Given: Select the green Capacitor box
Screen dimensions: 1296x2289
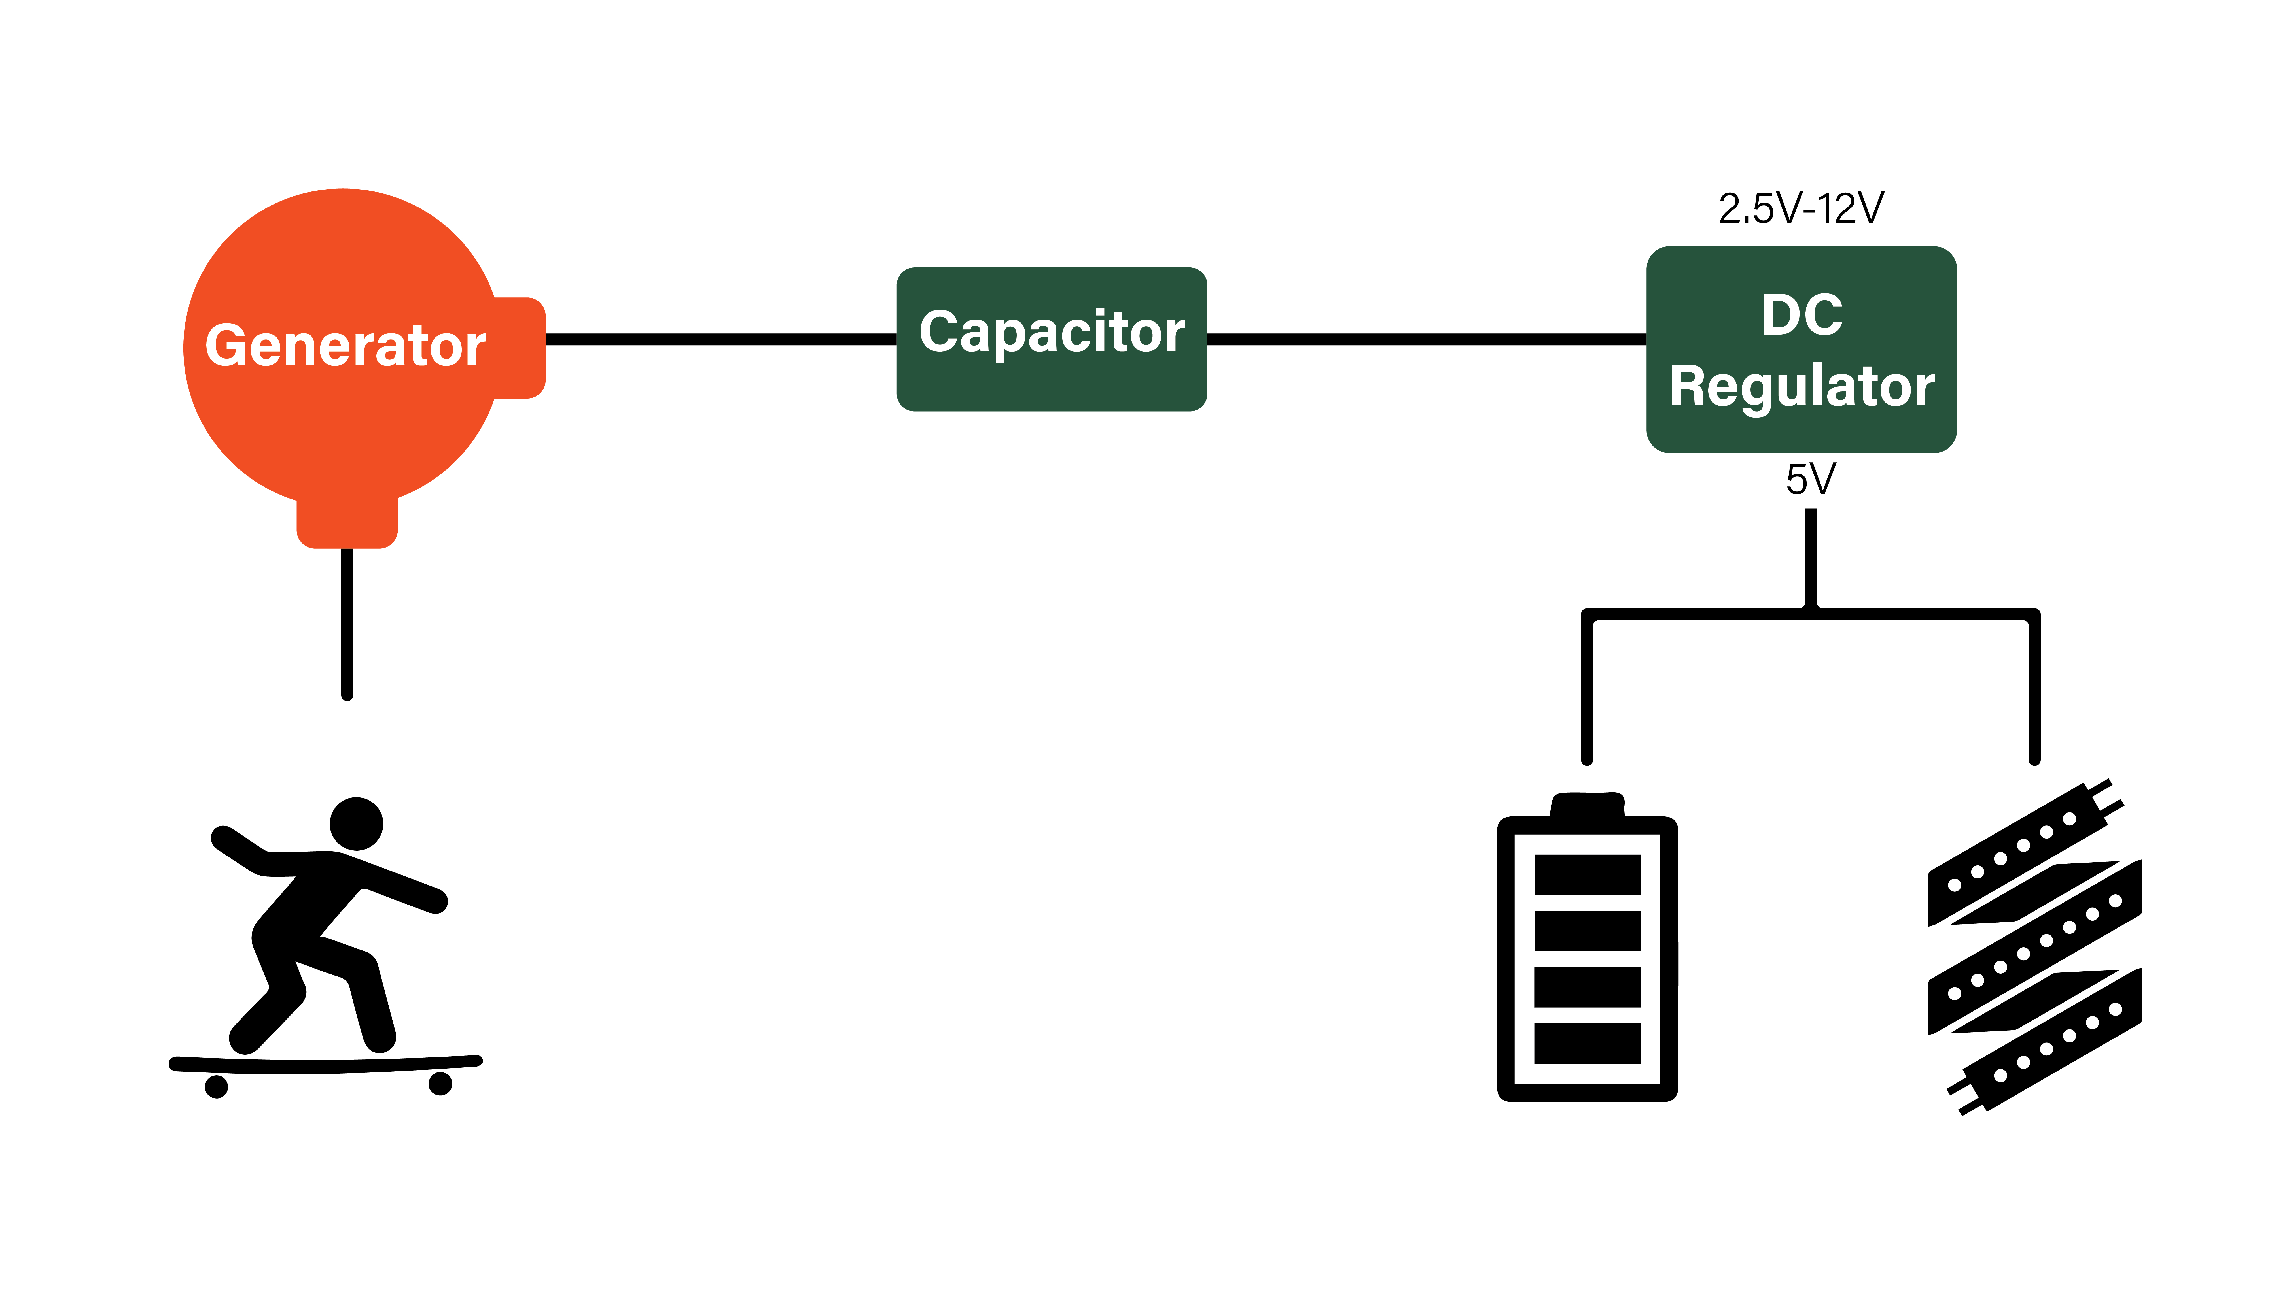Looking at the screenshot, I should pos(1052,339).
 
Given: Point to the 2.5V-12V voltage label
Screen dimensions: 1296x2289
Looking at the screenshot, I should pos(1800,208).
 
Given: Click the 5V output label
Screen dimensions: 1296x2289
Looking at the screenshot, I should pos(1810,480).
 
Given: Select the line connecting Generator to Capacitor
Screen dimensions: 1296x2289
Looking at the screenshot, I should pos(721,339).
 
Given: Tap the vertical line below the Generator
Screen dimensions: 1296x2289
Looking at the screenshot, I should pos(347,623).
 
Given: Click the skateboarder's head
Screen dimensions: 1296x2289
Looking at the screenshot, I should pos(356,823).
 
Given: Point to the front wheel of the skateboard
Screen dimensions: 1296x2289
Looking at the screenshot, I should pos(441,1083).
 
